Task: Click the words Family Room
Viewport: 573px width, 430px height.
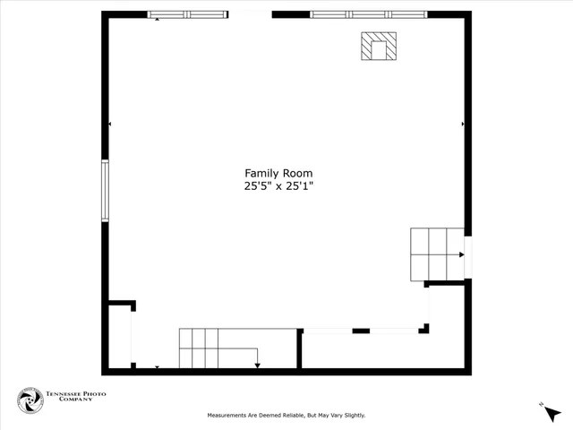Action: [x=278, y=173]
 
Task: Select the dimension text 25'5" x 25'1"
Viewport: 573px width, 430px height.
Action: [x=278, y=186]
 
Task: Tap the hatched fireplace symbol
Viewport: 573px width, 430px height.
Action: [x=379, y=47]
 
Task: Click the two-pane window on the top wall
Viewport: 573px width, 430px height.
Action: [x=188, y=14]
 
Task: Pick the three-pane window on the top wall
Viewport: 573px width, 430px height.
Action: [x=368, y=14]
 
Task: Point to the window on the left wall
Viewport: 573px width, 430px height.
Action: [x=105, y=190]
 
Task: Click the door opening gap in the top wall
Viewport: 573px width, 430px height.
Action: [x=250, y=14]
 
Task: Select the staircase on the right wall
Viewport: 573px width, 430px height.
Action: [x=436, y=254]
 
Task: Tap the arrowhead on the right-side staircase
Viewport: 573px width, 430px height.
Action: [x=461, y=254]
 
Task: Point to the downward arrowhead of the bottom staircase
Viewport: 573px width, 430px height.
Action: [x=257, y=364]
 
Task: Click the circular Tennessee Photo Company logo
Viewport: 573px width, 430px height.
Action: [x=30, y=400]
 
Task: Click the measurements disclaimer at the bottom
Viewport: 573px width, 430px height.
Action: [x=286, y=415]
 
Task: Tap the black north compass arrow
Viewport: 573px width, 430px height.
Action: [x=552, y=413]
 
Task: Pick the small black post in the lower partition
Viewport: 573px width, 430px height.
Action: [x=361, y=331]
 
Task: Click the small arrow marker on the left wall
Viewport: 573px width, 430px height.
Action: [x=110, y=124]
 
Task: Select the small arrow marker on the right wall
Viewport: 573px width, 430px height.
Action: [x=462, y=124]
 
